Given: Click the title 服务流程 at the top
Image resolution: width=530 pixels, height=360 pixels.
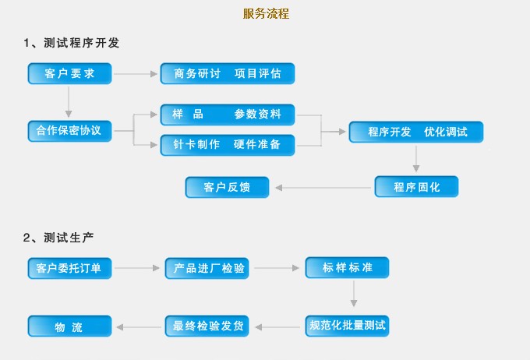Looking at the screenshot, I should [265, 13].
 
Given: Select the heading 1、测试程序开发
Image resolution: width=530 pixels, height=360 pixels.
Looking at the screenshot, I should [72, 43].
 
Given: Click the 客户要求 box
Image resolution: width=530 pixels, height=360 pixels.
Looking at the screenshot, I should [70, 74].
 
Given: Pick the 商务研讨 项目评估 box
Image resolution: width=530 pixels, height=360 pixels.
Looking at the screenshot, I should [228, 74].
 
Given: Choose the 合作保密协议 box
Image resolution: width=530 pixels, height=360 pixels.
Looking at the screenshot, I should [70, 130].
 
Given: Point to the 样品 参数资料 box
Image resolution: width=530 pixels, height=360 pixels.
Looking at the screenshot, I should [228, 115].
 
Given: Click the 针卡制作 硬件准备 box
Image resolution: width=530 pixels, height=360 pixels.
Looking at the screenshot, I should [228, 144].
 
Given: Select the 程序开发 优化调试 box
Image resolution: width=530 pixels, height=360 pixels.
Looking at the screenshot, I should [416, 132].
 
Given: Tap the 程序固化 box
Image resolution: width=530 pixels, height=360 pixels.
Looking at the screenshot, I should [416, 187].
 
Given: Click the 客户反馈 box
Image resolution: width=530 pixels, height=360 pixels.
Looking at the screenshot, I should [227, 187].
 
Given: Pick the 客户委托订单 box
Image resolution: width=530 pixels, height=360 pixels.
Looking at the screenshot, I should [70, 269].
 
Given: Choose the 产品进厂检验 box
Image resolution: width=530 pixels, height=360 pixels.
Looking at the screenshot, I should [207, 269].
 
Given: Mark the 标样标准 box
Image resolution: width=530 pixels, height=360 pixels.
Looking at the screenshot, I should [348, 268].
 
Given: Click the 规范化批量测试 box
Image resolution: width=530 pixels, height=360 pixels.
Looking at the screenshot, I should [348, 325].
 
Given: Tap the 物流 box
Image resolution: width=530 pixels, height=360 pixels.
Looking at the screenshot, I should [70, 326].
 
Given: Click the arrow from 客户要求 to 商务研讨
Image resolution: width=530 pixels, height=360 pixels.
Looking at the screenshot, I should [136, 74].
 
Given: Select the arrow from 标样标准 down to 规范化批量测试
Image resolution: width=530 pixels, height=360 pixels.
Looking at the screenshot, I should [354, 294].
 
